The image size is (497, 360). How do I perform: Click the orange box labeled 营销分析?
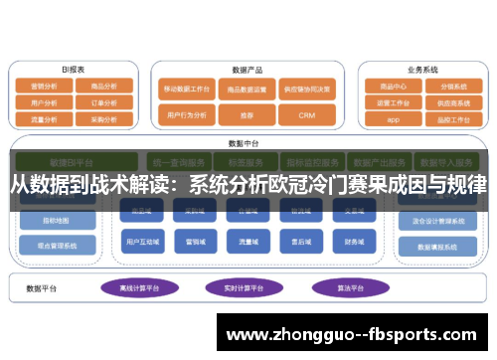(x=44, y=87)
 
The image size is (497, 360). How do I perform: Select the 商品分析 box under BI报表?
(x=103, y=87)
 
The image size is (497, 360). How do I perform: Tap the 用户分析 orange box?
(x=44, y=101)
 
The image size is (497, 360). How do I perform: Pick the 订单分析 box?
(x=103, y=101)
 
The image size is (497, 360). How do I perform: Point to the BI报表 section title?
(x=73, y=70)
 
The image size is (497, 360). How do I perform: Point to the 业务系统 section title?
(x=422, y=70)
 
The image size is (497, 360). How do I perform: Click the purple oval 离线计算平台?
(x=137, y=287)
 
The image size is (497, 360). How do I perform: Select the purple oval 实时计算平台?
(x=242, y=287)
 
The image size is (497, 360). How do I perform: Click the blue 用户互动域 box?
(x=139, y=241)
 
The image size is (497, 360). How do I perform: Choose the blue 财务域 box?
(x=355, y=241)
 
